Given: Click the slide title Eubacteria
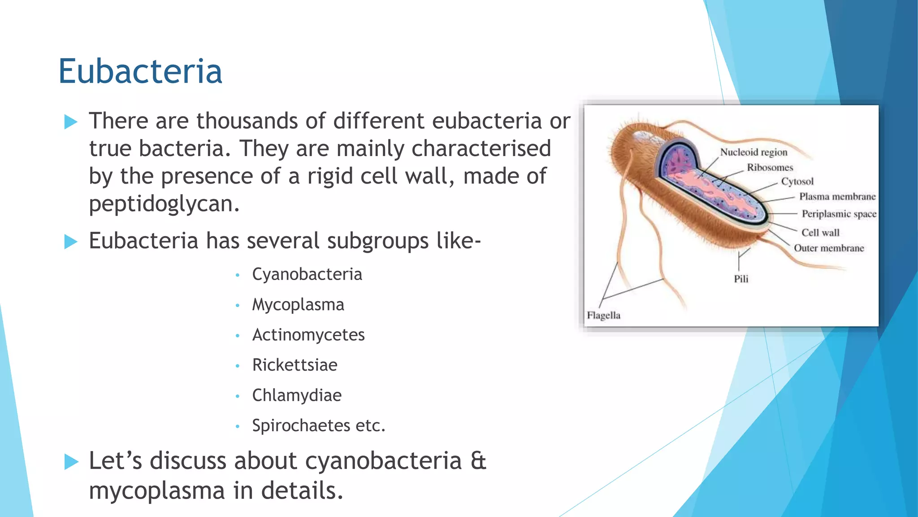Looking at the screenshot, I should [x=140, y=71].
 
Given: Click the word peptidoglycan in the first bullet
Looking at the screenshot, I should [x=164, y=204].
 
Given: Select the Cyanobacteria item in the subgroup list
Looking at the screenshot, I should [x=307, y=274].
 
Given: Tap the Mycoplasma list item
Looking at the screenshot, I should [x=298, y=305].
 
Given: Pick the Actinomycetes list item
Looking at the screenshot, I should [x=308, y=335].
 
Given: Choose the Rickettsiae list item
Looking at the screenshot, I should [x=294, y=365].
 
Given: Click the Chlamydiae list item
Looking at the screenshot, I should [x=297, y=395].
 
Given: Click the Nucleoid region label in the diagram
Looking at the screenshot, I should [x=753, y=152].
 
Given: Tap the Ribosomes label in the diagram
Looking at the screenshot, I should [x=770, y=167].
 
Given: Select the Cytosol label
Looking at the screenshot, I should [x=797, y=181].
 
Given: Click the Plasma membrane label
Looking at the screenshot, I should [x=837, y=197].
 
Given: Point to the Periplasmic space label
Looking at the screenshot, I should [x=839, y=214].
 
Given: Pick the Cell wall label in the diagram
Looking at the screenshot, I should [x=820, y=232].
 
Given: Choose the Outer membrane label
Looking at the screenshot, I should [x=829, y=248].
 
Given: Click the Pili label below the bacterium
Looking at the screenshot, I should [x=741, y=279].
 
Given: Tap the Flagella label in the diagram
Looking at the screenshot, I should [x=603, y=315].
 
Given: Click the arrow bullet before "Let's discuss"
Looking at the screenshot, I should [x=71, y=461].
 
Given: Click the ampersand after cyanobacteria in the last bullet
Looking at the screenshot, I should [x=478, y=461].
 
